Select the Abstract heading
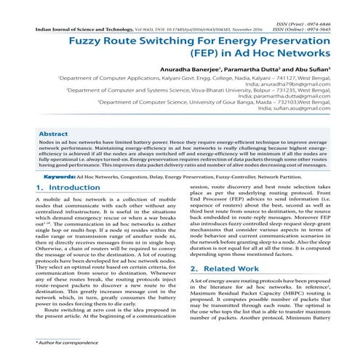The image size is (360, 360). (53, 135)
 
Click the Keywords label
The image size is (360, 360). (57, 177)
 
